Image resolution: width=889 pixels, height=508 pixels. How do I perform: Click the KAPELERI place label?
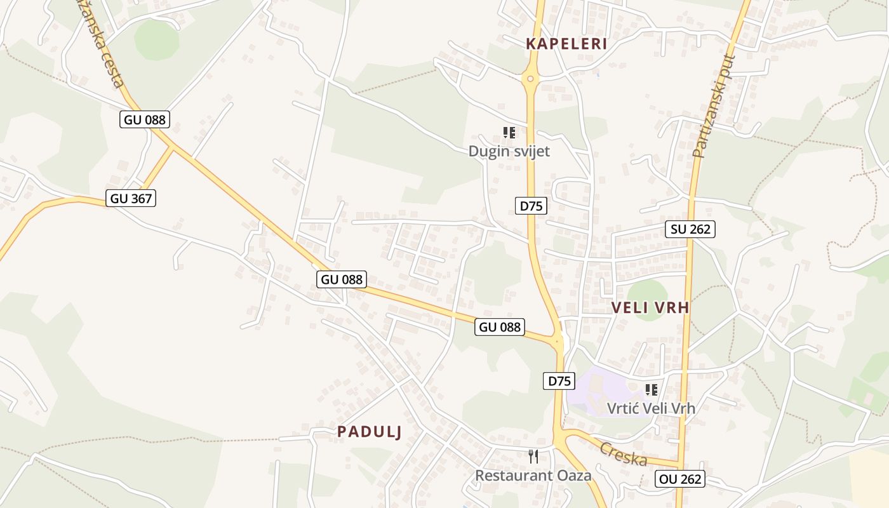(x=566, y=44)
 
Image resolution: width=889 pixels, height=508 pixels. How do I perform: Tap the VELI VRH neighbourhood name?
(x=650, y=308)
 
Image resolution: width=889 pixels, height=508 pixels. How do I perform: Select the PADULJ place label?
(x=370, y=432)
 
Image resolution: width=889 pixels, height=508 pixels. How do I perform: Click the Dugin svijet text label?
(x=509, y=151)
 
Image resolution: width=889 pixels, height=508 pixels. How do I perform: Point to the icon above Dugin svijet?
(x=509, y=133)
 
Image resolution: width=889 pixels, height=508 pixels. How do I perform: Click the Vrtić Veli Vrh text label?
(x=651, y=408)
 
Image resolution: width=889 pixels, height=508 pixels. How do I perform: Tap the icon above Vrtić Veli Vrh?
(x=651, y=389)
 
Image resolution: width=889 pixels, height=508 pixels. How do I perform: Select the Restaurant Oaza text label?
(x=533, y=475)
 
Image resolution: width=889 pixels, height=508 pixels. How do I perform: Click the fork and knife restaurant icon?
(x=533, y=456)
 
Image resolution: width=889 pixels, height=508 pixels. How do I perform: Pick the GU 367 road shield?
(x=131, y=198)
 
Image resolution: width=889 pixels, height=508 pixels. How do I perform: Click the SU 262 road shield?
(x=690, y=229)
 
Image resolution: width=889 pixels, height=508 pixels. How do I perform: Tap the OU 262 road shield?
(x=680, y=479)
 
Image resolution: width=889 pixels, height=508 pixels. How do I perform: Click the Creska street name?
(x=623, y=453)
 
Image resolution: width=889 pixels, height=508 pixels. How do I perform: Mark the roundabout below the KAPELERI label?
(x=530, y=79)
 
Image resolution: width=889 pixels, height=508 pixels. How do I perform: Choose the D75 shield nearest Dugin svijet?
(x=531, y=206)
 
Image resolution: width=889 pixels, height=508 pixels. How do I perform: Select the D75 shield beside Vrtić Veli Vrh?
(x=559, y=381)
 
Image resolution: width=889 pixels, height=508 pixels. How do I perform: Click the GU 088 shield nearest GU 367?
(x=145, y=119)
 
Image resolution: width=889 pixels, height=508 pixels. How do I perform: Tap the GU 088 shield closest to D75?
(x=500, y=327)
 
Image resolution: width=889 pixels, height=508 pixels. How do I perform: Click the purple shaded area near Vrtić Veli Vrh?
(x=594, y=391)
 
